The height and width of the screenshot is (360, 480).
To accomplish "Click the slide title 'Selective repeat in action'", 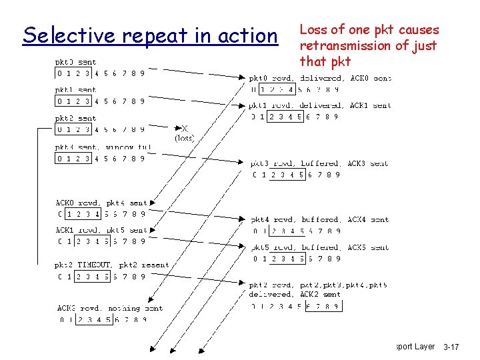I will [x=150, y=35].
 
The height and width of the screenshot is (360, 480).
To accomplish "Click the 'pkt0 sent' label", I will [x=75, y=63].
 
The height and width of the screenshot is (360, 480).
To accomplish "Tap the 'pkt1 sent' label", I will [x=75, y=90].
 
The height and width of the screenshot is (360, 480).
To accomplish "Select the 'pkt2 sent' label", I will [x=75, y=119].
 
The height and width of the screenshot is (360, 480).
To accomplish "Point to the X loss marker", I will [x=184, y=129].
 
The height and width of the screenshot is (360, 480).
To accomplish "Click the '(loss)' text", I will [x=184, y=139].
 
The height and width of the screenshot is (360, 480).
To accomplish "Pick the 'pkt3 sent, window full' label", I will [x=103, y=147].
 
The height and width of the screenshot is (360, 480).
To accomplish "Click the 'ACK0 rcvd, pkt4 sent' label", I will [x=101, y=203].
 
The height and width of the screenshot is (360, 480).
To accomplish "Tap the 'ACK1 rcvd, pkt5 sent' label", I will [x=101, y=230].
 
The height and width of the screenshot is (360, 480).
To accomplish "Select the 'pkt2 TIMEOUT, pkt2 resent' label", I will [x=112, y=265].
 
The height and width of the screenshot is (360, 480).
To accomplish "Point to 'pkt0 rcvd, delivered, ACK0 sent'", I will [x=320, y=78].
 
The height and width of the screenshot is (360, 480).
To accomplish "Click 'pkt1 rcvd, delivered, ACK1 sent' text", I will [x=320, y=105].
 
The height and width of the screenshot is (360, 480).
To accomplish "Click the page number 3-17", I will [x=451, y=347].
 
